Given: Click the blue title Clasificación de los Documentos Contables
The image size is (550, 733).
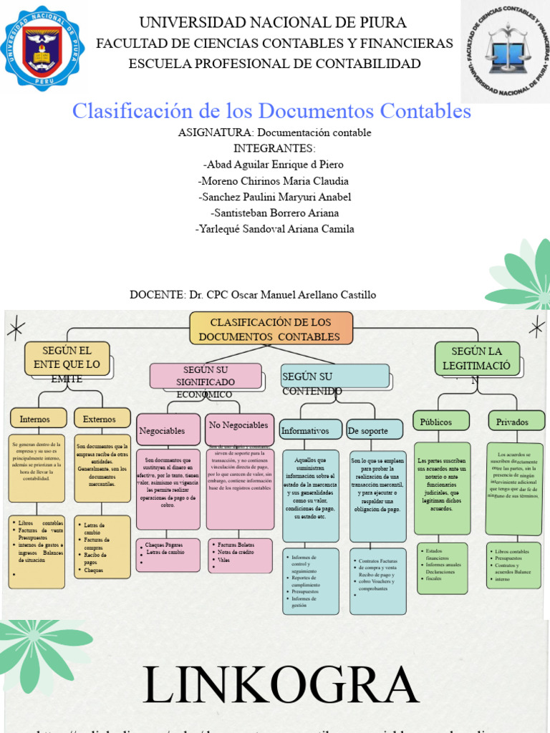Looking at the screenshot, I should (x=272, y=111).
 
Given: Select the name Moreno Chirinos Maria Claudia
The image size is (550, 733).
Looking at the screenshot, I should (x=274, y=180).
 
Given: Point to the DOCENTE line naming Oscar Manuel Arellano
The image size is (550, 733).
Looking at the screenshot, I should (x=253, y=295).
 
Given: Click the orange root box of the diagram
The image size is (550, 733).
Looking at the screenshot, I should (x=271, y=329).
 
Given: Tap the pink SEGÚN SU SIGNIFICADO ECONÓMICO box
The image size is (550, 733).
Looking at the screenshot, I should (x=206, y=376).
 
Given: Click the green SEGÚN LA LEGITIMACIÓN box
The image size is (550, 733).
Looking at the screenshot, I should (x=477, y=358).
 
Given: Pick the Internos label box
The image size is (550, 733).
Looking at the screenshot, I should (x=36, y=419).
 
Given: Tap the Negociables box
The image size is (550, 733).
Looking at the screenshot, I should (x=168, y=430).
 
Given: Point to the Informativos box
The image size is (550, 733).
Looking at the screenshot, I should (x=311, y=430).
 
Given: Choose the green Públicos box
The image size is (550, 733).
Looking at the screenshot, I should (x=441, y=421).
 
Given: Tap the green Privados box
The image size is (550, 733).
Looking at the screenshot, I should (x=513, y=421).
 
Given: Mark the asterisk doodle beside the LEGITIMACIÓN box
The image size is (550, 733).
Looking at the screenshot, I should (x=536, y=327).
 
